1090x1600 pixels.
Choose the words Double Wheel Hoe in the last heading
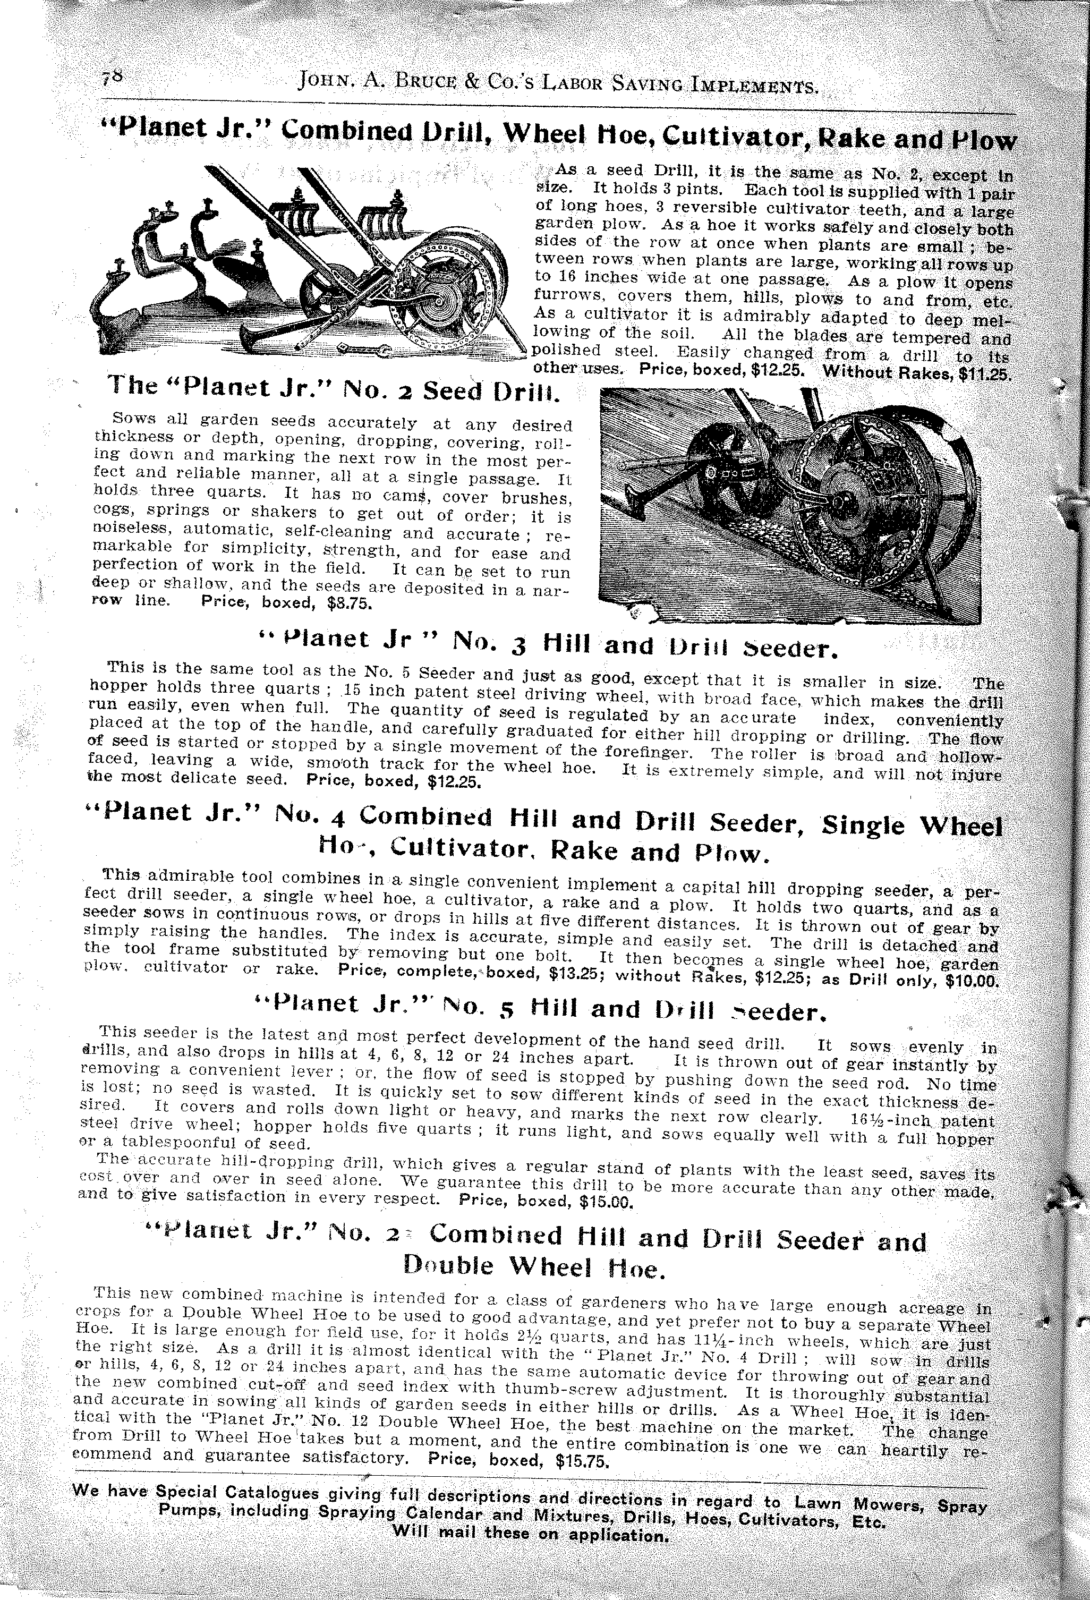[x=534, y=1265]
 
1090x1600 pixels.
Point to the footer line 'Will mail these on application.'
[x=530, y=1548]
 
